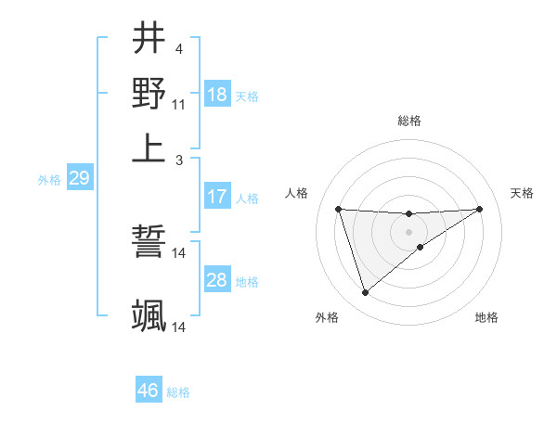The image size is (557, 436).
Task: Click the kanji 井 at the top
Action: click(x=149, y=40)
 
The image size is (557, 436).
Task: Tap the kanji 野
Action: click(x=149, y=93)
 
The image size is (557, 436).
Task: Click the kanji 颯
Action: click(x=149, y=315)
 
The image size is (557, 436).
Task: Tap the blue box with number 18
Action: click(x=217, y=95)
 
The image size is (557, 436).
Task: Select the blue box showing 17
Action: click(x=217, y=197)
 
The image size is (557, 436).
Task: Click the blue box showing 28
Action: click(x=217, y=280)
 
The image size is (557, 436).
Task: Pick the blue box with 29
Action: click(x=79, y=178)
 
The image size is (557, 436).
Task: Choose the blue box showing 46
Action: click(x=148, y=391)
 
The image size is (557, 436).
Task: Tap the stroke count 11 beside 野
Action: click(x=178, y=104)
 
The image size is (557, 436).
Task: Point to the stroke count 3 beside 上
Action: click(x=178, y=160)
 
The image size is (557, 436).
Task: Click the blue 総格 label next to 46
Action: click(x=178, y=392)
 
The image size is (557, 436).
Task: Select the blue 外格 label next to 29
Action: click(x=49, y=180)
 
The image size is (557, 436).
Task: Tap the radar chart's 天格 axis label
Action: click(x=522, y=193)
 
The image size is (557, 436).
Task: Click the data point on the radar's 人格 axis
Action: click(x=339, y=209)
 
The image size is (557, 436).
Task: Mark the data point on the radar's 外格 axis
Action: click(x=365, y=293)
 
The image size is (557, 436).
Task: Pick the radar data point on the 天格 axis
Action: click(x=479, y=209)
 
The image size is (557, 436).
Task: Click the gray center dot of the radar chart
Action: click(x=408, y=230)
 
